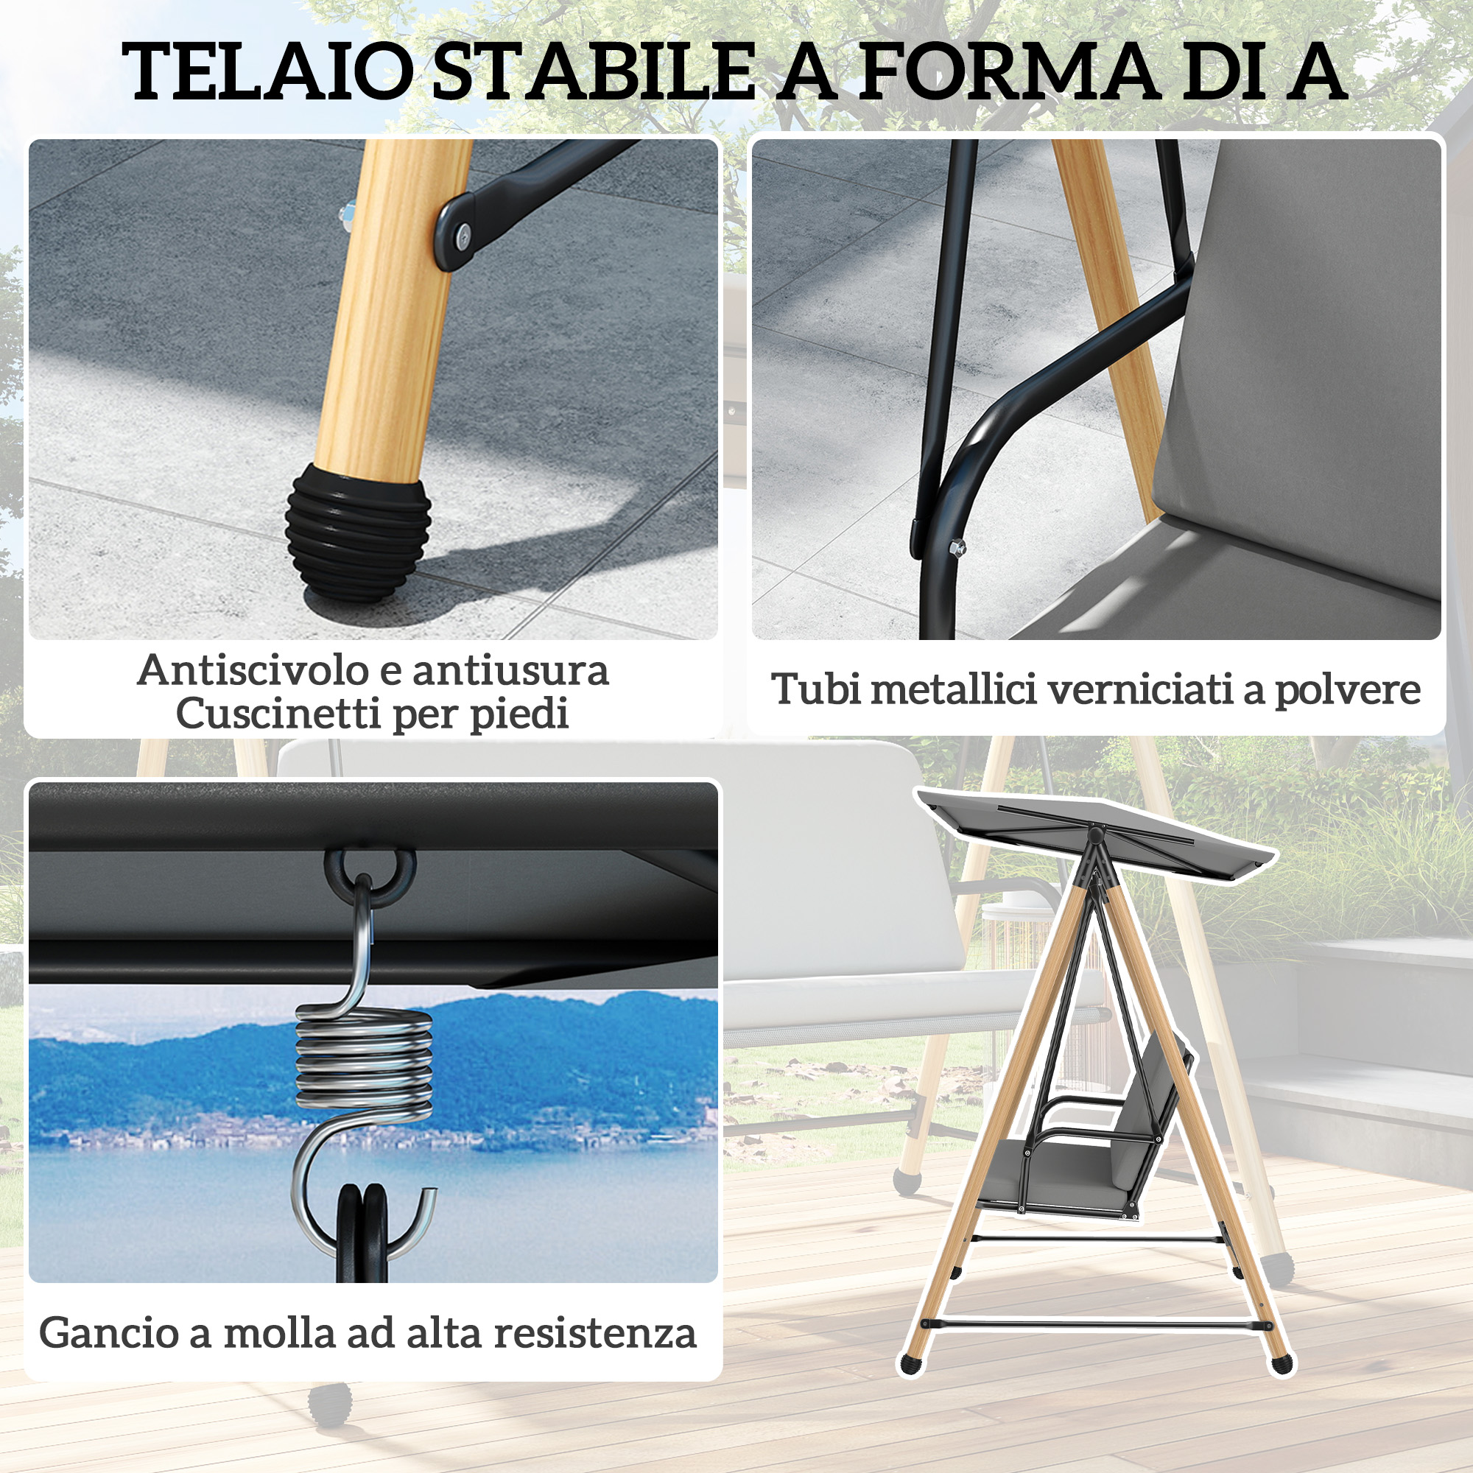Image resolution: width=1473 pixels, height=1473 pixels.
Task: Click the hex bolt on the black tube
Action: click(x=957, y=546)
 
